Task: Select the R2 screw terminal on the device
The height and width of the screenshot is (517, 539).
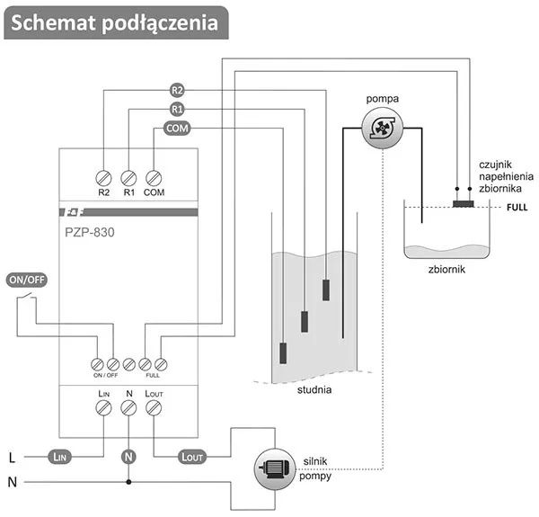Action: click(x=104, y=177)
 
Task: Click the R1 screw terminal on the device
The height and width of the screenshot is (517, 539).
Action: click(x=128, y=177)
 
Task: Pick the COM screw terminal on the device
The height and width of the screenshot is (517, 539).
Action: click(x=154, y=177)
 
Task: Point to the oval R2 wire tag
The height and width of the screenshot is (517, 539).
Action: click(x=177, y=90)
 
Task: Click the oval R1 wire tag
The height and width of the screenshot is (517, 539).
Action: click(x=177, y=110)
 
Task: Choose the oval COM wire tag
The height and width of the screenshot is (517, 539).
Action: click(x=177, y=129)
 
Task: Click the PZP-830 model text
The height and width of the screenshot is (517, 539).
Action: click(x=90, y=232)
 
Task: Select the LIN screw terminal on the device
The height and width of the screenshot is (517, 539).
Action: click(x=104, y=408)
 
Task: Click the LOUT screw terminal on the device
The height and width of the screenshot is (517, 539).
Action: click(x=154, y=408)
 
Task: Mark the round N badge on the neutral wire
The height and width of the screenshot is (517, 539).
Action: click(x=128, y=457)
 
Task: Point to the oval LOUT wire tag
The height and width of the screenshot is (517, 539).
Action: click(x=191, y=457)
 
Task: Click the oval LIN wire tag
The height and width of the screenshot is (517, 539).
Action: click(x=58, y=457)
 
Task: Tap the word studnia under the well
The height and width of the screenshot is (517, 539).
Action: click(x=314, y=390)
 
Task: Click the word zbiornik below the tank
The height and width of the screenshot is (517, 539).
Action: click(x=446, y=268)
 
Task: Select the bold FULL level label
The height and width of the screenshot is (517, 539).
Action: click(x=517, y=207)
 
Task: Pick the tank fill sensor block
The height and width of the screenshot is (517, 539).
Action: click(x=463, y=204)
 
